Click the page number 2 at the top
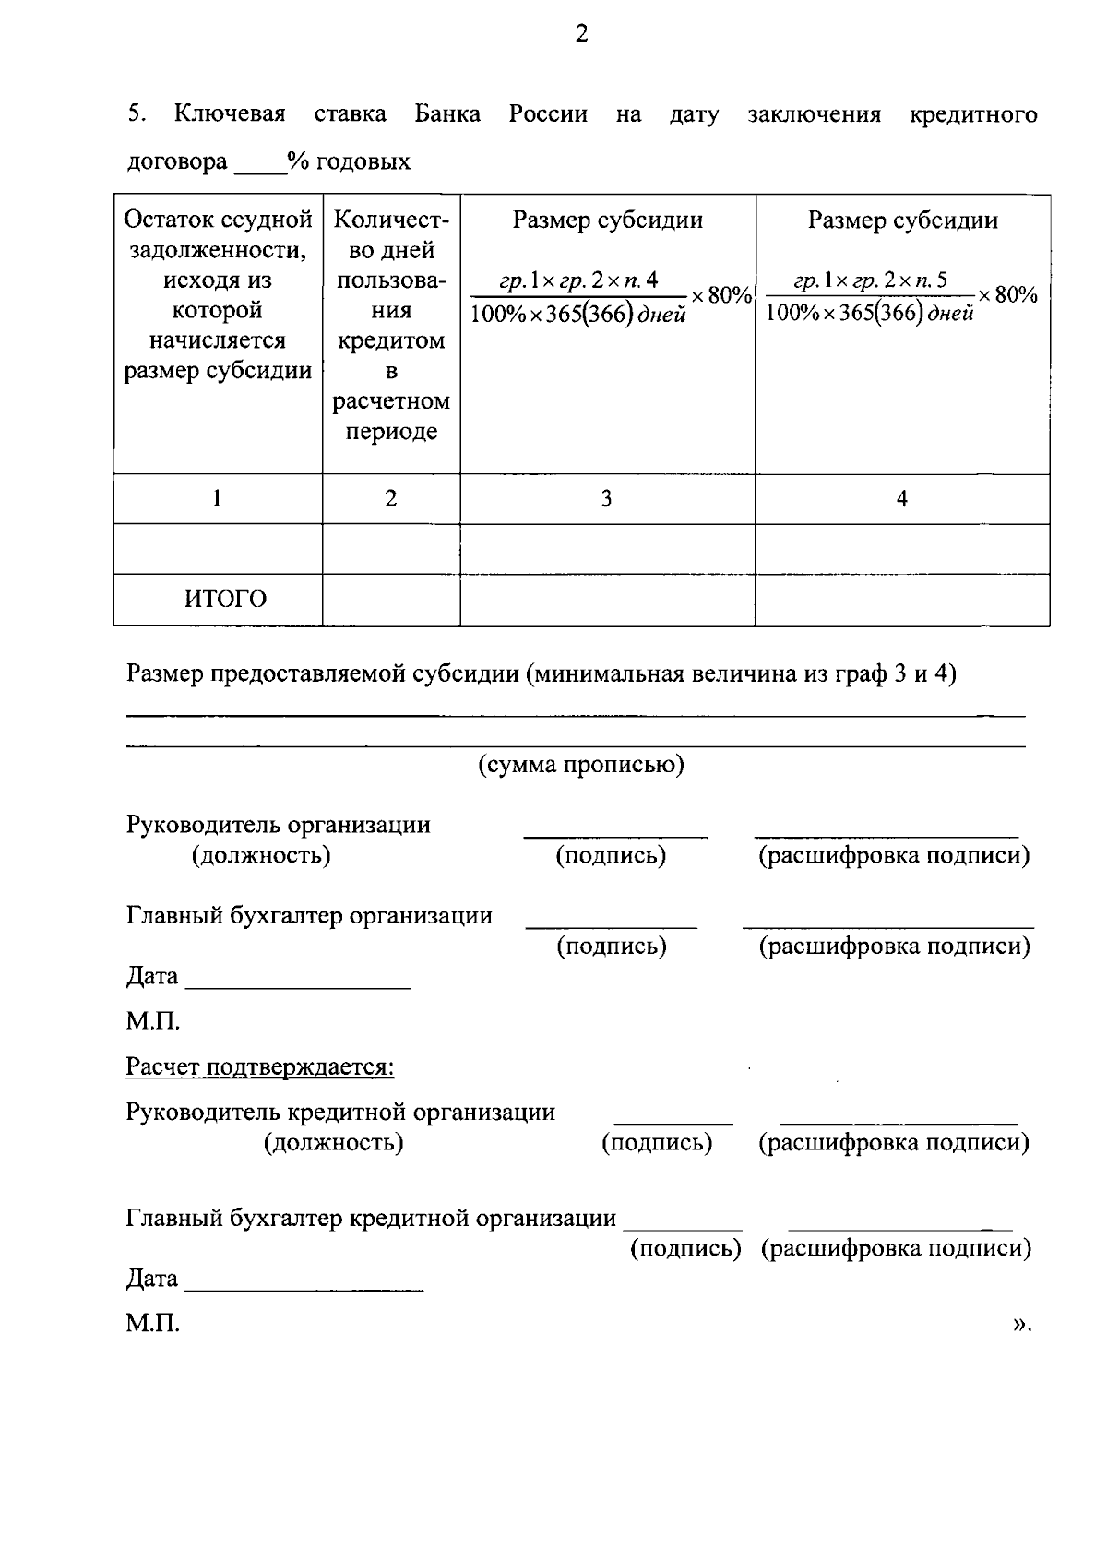580,35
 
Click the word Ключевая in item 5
230,114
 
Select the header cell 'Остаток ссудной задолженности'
218,295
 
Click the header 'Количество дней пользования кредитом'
391,326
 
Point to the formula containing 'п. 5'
901,297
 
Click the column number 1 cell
217,499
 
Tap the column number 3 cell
606,499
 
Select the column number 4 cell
901,499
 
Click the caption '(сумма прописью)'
580,765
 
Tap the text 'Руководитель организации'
278,825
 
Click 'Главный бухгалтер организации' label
309,916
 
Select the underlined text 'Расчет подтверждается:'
260,1067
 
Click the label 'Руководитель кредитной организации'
340,1112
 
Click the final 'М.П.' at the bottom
152,1324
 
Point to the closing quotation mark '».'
1020,1324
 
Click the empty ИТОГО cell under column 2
391,600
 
